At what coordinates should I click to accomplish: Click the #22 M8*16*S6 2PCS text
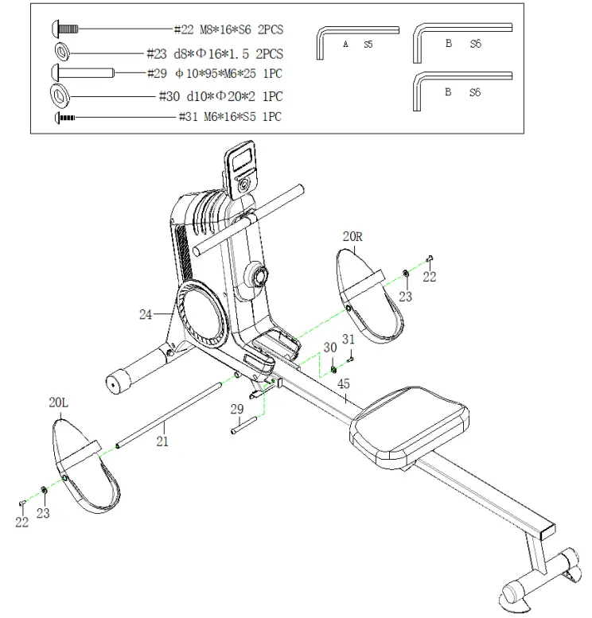(x=228, y=30)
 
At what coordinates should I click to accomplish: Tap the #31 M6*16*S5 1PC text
(x=230, y=117)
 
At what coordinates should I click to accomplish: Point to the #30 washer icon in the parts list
(x=60, y=95)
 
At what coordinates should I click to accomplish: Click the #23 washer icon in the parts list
(x=60, y=52)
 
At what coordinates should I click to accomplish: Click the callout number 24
(x=146, y=315)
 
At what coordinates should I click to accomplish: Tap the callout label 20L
(x=59, y=402)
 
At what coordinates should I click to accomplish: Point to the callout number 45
(x=344, y=383)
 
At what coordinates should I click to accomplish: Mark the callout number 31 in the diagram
(x=347, y=340)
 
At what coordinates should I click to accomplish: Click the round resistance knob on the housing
(x=257, y=278)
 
